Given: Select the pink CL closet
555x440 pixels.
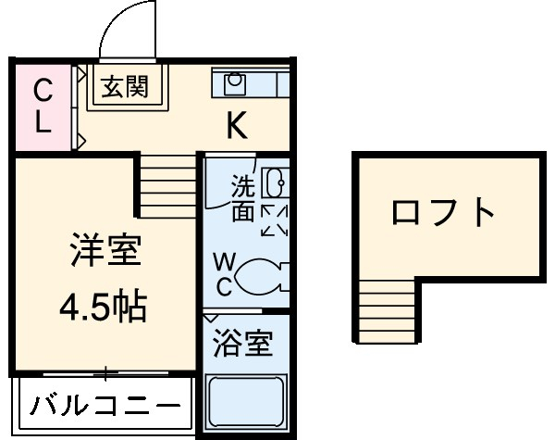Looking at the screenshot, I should click(x=42, y=107).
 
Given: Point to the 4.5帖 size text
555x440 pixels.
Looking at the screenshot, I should click(x=103, y=307).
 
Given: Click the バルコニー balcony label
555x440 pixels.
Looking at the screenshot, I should click(x=104, y=405).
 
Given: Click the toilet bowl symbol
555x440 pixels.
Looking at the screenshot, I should click(x=262, y=275).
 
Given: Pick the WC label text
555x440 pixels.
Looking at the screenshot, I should click(x=223, y=273).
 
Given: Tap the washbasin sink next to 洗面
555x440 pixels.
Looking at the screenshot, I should click(x=276, y=184).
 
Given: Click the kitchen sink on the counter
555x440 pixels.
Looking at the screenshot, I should click(x=234, y=84).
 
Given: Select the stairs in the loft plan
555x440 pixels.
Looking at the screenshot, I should click(x=383, y=310).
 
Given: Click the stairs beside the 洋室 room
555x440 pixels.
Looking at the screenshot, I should click(x=167, y=184).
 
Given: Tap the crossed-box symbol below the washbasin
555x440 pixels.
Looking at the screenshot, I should click(x=275, y=220).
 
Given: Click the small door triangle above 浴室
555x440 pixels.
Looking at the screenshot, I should click(x=212, y=318).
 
